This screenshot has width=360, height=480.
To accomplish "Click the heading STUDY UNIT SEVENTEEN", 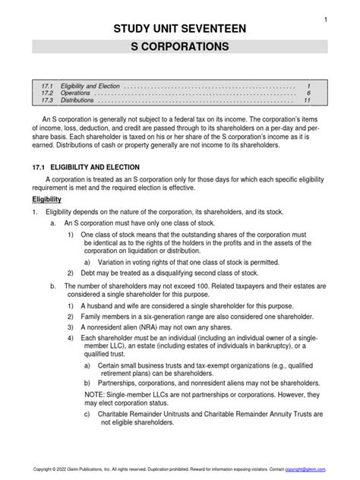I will [x=180, y=29].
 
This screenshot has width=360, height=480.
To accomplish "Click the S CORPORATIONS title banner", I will [x=180, y=47].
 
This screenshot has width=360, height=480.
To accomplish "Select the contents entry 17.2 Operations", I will [x=68, y=93].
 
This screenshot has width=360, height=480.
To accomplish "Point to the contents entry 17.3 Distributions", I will [x=71, y=100].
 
